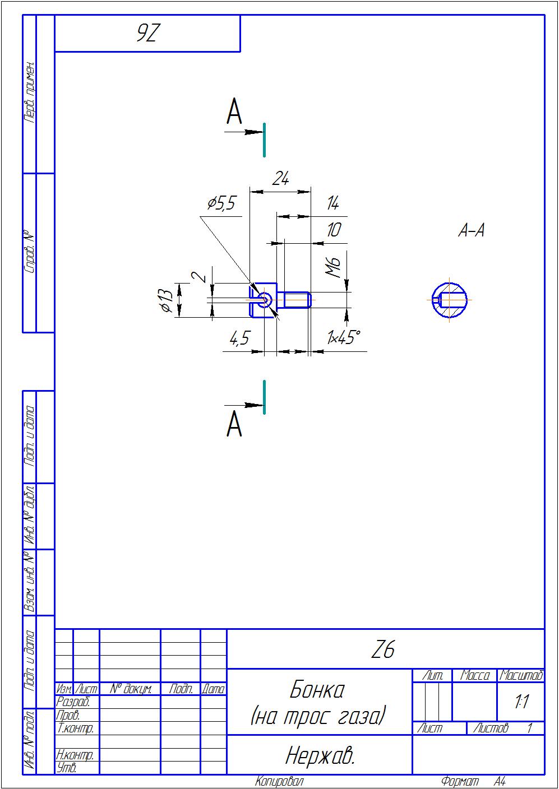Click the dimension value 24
[280, 179]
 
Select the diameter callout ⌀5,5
[221, 203]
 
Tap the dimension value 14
[333, 203]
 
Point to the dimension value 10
[334, 230]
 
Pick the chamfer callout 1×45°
[344, 338]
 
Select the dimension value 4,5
[239, 338]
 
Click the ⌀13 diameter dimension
[165, 300]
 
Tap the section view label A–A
[471, 230]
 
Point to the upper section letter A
[234, 112]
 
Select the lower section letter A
[234, 424]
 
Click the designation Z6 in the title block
[384, 649]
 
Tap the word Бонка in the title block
[317, 690]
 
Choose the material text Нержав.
[320, 756]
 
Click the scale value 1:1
[521, 702]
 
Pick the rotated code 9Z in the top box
[148, 34]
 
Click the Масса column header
[474, 676]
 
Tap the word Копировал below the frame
[279, 781]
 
